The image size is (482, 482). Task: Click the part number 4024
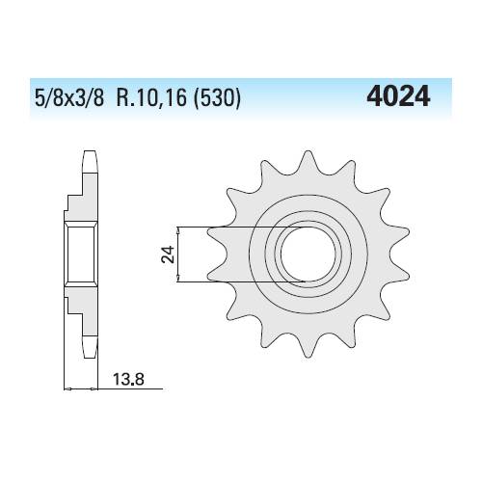[398, 97]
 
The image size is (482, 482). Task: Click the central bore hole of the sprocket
[307, 254]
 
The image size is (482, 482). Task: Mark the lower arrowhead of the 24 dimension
[180, 279]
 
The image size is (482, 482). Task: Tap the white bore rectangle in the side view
[81, 254]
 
